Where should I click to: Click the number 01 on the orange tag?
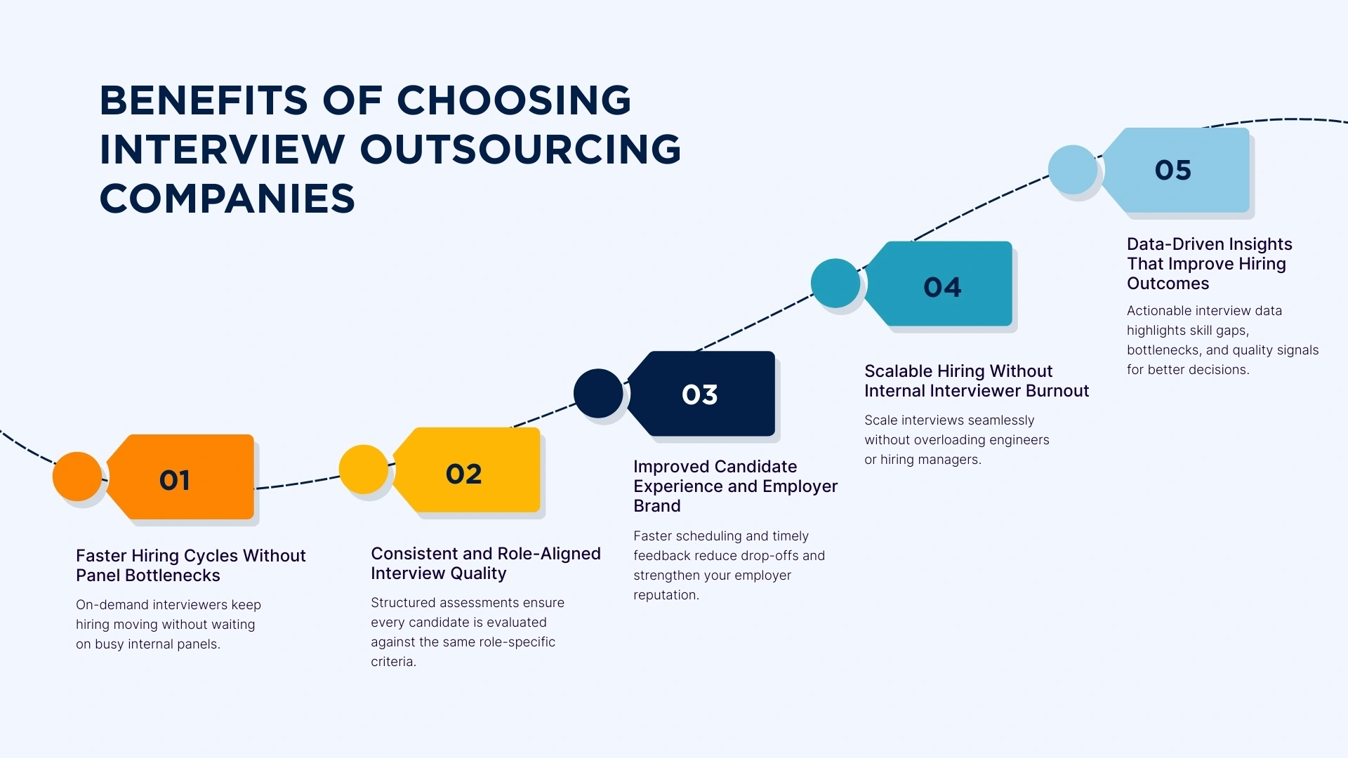(174, 481)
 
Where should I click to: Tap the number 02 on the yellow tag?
(463, 474)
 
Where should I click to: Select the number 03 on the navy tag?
(699, 394)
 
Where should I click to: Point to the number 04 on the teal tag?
(942, 287)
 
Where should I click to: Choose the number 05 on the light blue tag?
(1172, 170)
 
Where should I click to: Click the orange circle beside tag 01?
(77, 476)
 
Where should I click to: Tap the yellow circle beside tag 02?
(363, 469)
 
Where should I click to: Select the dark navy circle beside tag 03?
(597, 393)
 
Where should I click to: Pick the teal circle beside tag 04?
(835, 283)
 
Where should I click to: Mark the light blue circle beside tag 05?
(1072, 169)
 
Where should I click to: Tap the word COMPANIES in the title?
(227, 198)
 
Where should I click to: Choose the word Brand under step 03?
(656, 506)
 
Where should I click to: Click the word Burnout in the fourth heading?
(1057, 391)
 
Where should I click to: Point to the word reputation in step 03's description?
(665, 595)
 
